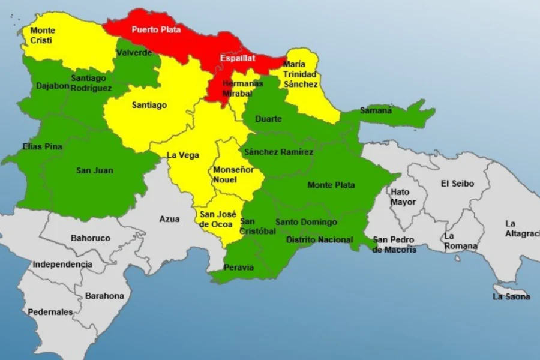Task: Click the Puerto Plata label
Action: tap(156, 29)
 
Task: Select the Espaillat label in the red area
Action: tap(238, 58)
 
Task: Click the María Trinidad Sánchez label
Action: tap(300, 74)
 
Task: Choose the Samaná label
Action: tap(376, 110)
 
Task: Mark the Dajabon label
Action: tap(52, 86)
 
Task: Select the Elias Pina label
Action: tap(42, 146)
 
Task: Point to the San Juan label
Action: tap(94, 170)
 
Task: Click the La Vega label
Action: tap(182, 155)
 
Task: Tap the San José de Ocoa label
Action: tap(218, 219)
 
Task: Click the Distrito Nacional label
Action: tap(319, 239)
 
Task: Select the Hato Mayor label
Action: tap(403, 197)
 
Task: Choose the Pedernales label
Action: tap(50, 312)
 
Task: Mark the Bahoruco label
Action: tap(91, 238)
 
